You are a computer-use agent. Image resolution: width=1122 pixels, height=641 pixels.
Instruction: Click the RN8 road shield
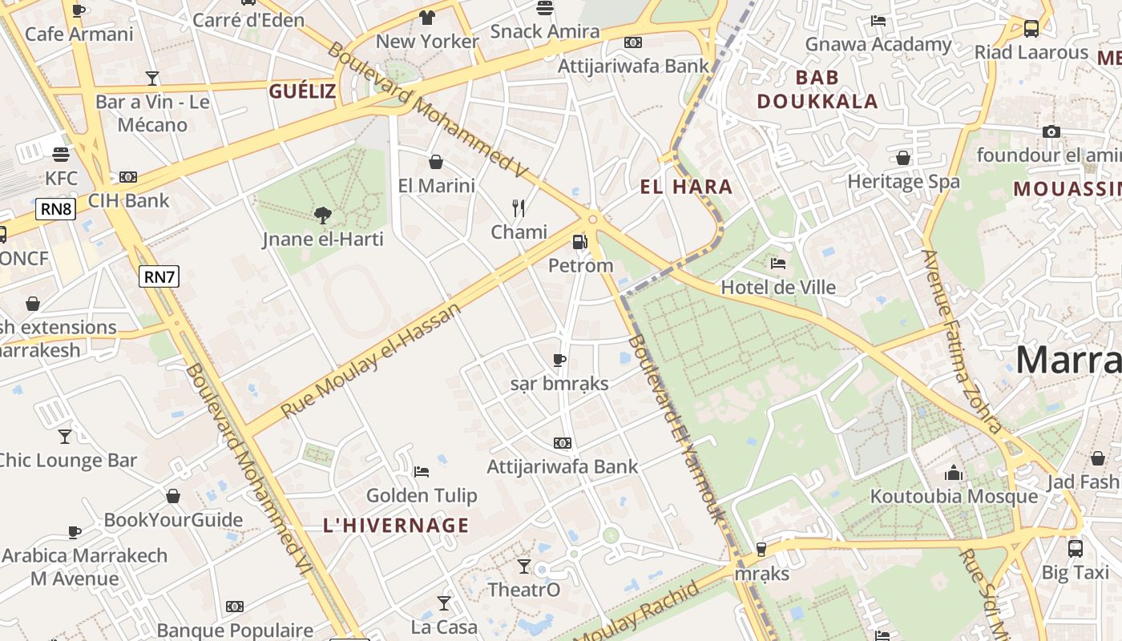56,210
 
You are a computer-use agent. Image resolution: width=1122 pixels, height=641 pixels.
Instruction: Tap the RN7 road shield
159,277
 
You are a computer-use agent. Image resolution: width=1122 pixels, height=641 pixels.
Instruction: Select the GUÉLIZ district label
302,91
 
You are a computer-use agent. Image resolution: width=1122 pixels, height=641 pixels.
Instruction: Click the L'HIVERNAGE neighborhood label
396,526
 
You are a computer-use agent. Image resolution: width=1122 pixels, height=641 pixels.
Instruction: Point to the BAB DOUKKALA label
817,89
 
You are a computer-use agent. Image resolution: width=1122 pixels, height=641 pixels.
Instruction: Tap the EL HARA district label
686,187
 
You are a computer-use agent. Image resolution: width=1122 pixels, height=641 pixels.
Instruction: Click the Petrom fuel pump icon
579,241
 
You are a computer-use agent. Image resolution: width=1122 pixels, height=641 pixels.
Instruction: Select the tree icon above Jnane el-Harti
322,215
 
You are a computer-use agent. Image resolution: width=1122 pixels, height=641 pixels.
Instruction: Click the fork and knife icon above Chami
519,208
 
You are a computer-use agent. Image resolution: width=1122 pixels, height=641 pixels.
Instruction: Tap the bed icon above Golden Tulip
422,472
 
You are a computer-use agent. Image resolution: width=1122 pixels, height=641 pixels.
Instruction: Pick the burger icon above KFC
61,154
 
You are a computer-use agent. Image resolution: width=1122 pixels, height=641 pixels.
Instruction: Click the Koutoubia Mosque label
954,497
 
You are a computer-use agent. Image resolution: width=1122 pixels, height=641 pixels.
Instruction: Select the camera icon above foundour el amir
1051,131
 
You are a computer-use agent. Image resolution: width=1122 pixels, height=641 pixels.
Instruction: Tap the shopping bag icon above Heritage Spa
903,158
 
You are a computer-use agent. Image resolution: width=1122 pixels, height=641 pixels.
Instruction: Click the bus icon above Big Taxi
1076,549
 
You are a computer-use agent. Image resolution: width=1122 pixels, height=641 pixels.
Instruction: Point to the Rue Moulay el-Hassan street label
372,360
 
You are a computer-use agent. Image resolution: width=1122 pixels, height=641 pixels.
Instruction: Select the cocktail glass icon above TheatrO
524,566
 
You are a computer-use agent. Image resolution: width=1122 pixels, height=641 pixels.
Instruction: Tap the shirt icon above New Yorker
427,18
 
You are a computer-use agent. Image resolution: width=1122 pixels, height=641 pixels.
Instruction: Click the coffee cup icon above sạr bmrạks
559,360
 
